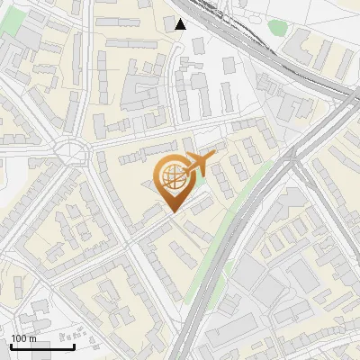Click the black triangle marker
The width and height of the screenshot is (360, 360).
pos(181,24)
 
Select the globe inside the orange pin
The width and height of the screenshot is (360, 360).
pos(171,176)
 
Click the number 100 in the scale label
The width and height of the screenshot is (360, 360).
pos(20,338)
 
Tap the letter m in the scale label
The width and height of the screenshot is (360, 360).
pos(33,338)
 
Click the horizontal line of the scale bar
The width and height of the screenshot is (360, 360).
pos(42,346)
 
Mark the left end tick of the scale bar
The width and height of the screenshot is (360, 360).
pos(11,345)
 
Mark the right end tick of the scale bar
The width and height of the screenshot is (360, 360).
pos(74,345)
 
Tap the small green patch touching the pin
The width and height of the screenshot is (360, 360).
pos(200,184)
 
